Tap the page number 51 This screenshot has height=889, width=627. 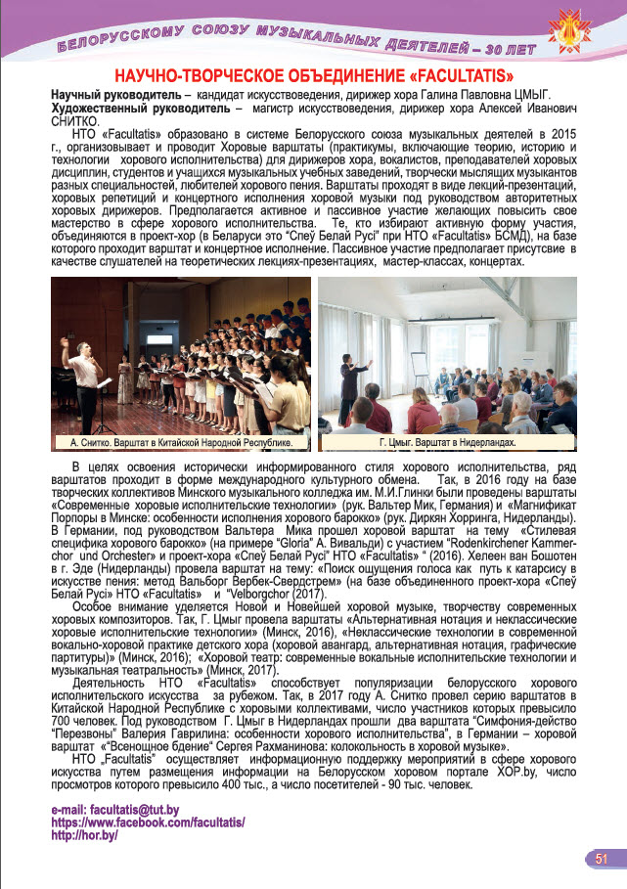click(602, 858)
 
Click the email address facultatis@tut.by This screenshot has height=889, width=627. click(113, 810)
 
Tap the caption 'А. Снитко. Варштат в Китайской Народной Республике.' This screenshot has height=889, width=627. click(182, 443)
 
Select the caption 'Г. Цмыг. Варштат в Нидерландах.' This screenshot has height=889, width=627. click(449, 443)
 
